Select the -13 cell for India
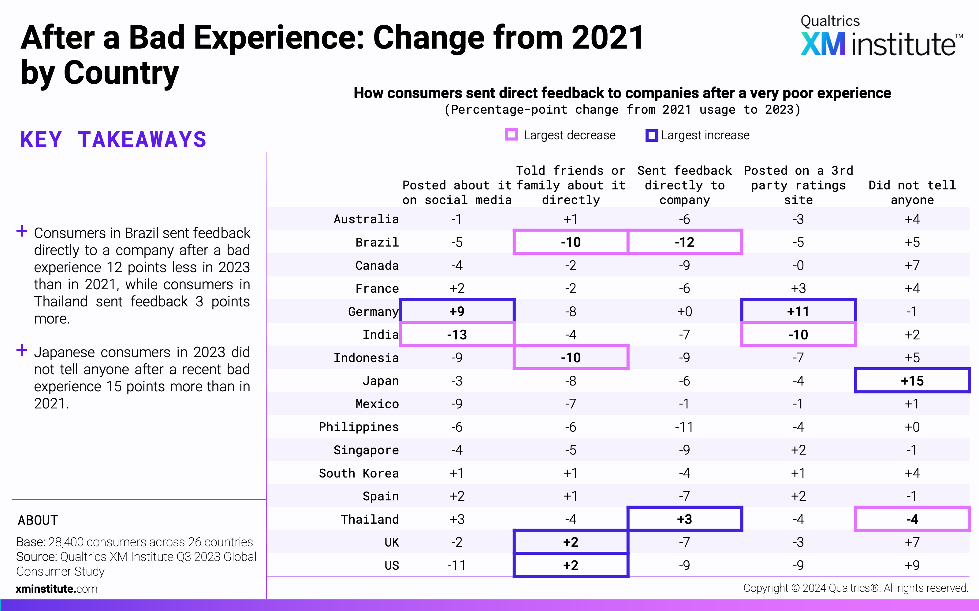[457, 335]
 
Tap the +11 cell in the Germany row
[798, 312]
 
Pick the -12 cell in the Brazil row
[684, 242]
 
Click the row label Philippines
[359, 427]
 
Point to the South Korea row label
[359, 473]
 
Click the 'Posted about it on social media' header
[457, 192]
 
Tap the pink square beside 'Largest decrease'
[511, 134]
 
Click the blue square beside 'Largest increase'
[651, 135]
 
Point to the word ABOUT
[38, 520]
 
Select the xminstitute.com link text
[57, 589]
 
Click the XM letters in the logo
[823, 45]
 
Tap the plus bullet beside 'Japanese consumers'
[22, 350]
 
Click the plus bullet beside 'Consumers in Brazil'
[22, 231]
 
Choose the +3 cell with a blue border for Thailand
[684, 519]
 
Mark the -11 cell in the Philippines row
[684, 427]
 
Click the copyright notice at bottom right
[856, 588]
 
